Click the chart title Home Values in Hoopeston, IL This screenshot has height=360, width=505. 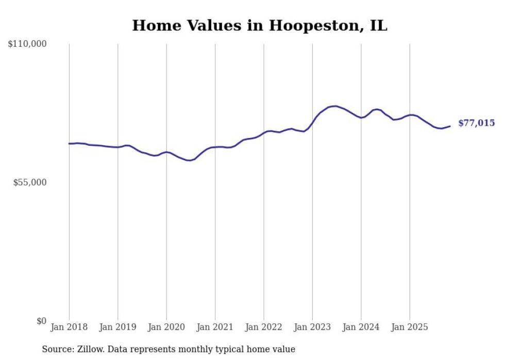259,25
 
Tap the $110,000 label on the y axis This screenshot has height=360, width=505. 27,44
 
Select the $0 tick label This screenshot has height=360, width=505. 41,321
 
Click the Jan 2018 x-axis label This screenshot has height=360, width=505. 69,327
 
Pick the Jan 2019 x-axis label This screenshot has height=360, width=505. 117,327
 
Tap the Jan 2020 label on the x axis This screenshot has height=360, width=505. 166,327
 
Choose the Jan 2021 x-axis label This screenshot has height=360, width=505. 215,327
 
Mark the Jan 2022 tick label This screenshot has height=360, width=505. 264,327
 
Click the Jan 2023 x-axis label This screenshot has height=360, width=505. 312,327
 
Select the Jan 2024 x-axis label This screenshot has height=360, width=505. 361,327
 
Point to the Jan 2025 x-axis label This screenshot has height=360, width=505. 410,327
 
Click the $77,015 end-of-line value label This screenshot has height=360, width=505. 476,123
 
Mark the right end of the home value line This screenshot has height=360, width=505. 450,126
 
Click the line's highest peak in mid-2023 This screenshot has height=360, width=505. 335,106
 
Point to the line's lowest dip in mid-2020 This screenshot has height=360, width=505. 190,161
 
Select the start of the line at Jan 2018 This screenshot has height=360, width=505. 69,144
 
